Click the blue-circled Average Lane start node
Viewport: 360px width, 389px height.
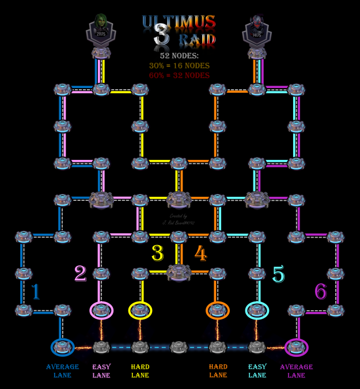pyautogui.click(x=62, y=347)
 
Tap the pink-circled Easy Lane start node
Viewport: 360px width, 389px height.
pyautogui.click(x=101, y=310)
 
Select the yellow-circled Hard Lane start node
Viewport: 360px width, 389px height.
pyautogui.click(x=140, y=310)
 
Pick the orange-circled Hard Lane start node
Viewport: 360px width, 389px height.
pyautogui.click(x=218, y=310)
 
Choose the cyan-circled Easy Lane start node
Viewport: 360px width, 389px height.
pyautogui.click(x=257, y=310)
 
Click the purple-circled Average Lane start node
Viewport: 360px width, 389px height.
pyautogui.click(x=296, y=347)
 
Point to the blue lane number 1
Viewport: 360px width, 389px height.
pyautogui.click(x=36, y=292)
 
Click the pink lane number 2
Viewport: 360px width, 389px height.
pyautogui.click(x=80, y=273)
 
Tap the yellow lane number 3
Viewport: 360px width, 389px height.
pyautogui.click(x=157, y=253)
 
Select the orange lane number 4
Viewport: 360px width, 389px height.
pyautogui.click(x=200, y=253)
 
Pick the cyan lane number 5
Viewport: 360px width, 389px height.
pyautogui.click(x=278, y=274)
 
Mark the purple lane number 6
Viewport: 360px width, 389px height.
pyautogui.click(x=320, y=292)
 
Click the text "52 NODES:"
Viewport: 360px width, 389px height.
pyautogui.click(x=179, y=56)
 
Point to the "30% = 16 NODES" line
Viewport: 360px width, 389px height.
pyautogui.click(x=179, y=66)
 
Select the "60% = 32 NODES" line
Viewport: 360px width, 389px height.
pyautogui.click(x=179, y=75)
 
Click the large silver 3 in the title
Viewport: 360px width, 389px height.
pyautogui.click(x=162, y=35)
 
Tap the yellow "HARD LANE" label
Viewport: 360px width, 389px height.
pyautogui.click(x=140, y=371)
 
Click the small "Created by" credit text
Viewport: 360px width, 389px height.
pyautogui.click(x=179, y=216)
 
